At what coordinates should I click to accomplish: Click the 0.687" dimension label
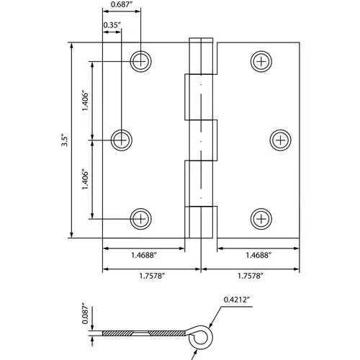(121, 4)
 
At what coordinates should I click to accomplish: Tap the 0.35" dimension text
(112, 25)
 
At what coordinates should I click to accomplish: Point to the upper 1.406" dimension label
(85, 101)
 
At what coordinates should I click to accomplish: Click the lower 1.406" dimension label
(85, 179)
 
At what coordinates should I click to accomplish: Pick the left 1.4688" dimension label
(144, 255)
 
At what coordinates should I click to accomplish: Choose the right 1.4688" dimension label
(258, 255)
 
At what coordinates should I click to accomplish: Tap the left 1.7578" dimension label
(152, 276)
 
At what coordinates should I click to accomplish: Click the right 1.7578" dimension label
(251, 276)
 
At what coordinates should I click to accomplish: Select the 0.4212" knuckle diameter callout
(237, 300)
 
